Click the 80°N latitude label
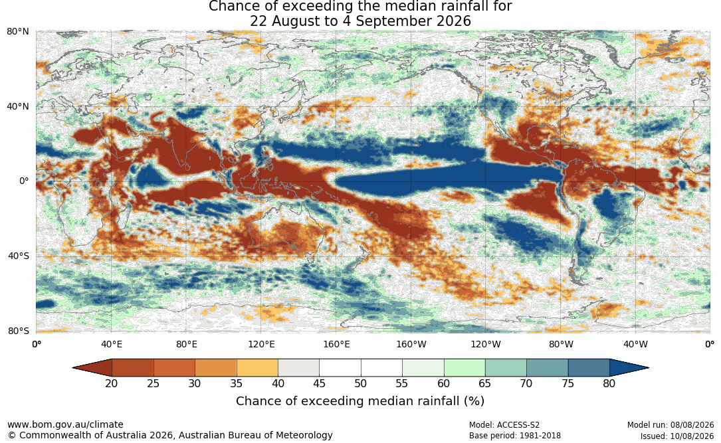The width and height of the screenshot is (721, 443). [x=18, y=32]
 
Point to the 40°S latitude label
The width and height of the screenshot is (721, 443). [x=19, y=256]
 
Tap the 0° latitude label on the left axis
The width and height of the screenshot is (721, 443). [x=25, y=181]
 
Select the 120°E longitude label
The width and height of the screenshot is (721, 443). [x=262, y=344]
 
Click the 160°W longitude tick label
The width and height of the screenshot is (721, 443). [x=411, y=344]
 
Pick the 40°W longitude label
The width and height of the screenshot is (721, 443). [x=636, y=344]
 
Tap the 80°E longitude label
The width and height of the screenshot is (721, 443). [x=187, y=344]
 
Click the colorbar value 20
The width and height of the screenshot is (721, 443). [x=111, y=383]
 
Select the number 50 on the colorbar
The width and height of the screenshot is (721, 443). [x=360, y=383]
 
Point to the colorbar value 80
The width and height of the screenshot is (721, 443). [x=609, y=383]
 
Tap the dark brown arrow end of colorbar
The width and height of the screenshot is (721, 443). [x=92, y=368]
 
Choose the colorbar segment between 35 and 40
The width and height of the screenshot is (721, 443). [x=257, y=368]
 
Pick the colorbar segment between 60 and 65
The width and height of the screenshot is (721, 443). [x=464, y=368]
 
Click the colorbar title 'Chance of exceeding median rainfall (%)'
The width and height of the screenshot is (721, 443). [x=360, y=401]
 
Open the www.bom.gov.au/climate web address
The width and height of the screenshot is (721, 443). [x=65, y=424]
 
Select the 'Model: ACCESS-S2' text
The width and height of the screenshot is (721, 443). [x=504, y=425]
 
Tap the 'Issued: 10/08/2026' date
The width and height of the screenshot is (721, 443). [x=677, y=436]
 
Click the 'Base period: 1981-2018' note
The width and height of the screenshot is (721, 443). [x=515, y=436]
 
